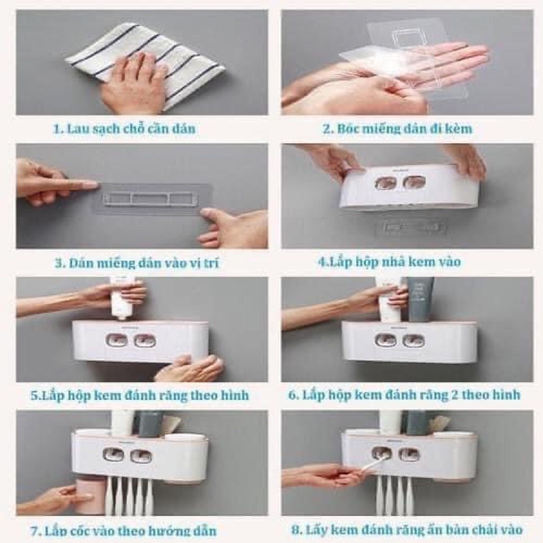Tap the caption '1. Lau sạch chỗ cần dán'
point(124,129)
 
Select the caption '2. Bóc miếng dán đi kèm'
point(398,129)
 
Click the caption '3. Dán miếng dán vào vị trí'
point(137,263)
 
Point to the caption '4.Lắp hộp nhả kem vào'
point(390,262)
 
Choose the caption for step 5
point(140,396)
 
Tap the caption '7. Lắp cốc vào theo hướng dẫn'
point(124,531)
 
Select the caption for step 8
point(407,530)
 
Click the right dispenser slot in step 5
point(145,341)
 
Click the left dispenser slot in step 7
point(114,455)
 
